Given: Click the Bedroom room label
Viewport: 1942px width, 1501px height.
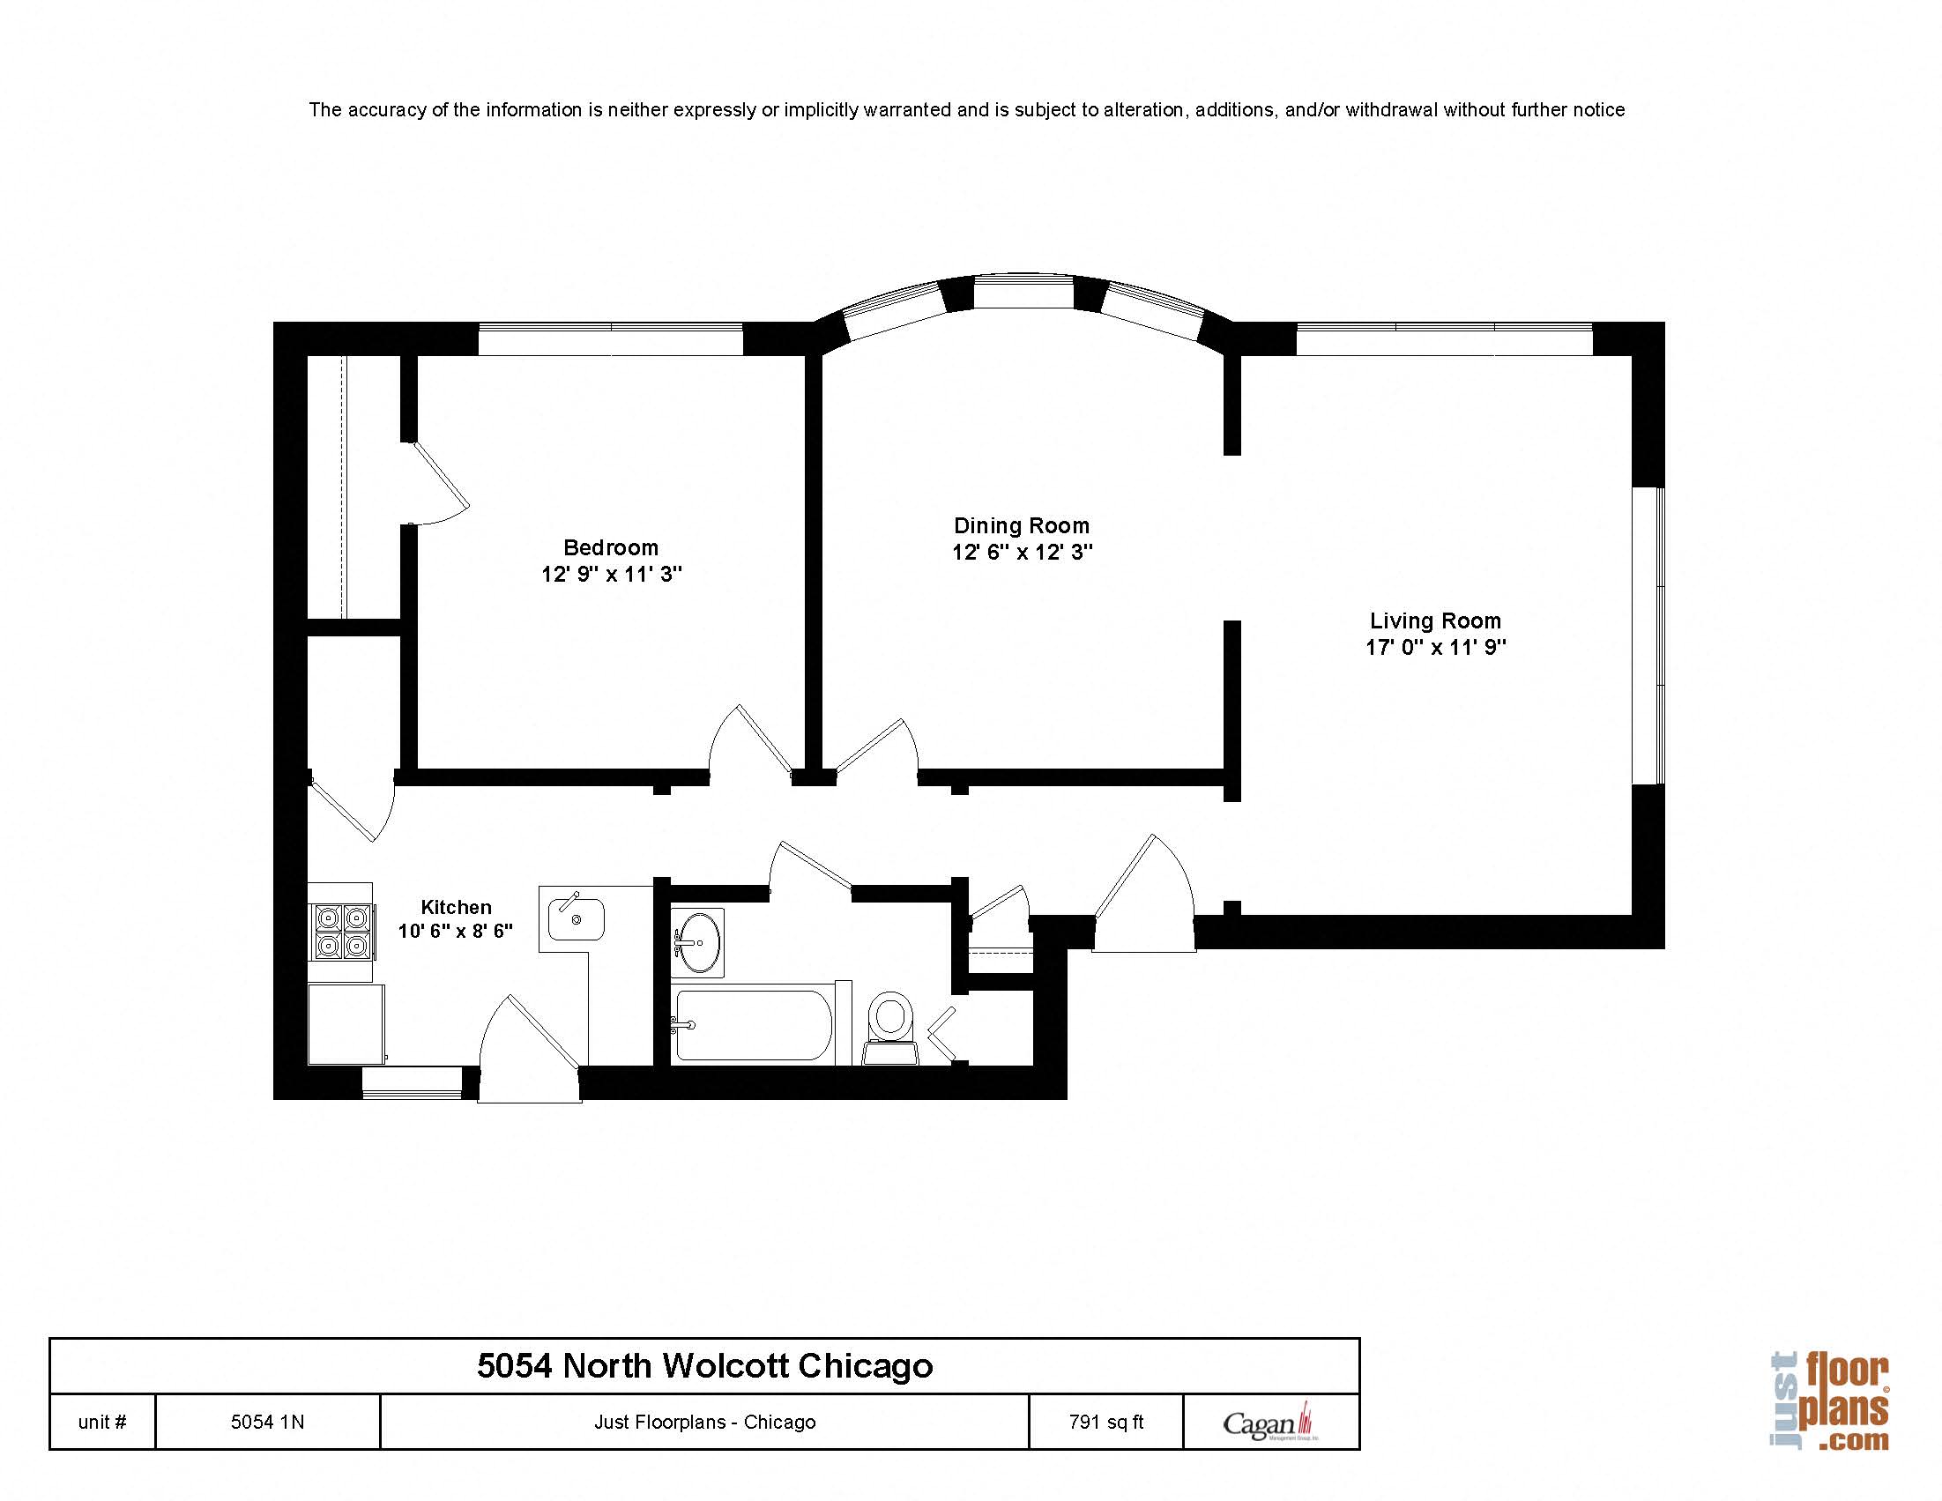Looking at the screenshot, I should tap(611, 546).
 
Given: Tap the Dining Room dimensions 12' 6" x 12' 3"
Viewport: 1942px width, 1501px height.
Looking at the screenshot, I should tap(1022, 553).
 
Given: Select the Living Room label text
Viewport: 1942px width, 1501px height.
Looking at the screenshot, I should tap(1434, 620).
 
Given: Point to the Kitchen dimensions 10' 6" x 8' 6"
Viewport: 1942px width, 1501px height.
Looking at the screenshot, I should tap(455, 931).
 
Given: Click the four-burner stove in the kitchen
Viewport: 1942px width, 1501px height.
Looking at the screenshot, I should tap(342, 931).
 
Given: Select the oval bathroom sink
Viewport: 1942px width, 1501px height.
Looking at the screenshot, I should tap(699, 940).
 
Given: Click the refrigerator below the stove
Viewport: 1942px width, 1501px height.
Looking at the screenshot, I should tap(346, 1022).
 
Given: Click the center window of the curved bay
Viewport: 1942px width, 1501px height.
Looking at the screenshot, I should tap(1023, 294).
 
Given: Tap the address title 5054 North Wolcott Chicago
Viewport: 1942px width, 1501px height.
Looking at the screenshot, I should tap(704, 1365).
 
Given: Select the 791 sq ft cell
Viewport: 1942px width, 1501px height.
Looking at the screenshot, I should tap(1105, 1422).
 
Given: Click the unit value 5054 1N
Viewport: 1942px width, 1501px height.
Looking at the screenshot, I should tap(268, 1422).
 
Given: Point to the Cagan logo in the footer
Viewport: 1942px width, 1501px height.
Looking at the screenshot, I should tap(1269, 1423).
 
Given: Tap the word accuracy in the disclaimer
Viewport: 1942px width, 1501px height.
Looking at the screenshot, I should tap(387, 110).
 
